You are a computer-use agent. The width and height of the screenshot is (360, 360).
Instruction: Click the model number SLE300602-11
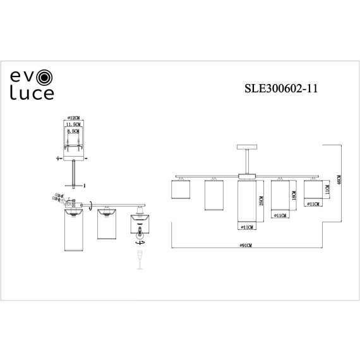tap(279, 90)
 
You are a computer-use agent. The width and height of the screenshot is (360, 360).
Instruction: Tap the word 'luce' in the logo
tap(31, 94)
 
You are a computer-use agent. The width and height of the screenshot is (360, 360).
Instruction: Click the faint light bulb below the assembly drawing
tap(139, 259)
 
